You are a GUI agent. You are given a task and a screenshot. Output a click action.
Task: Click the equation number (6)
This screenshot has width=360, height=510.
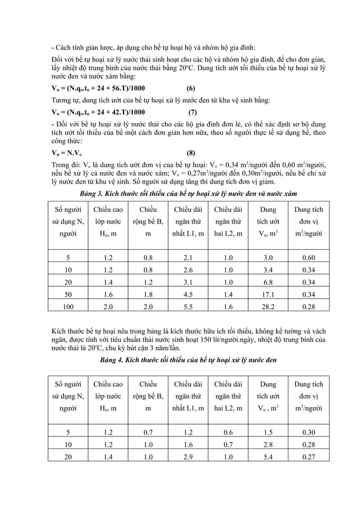191,88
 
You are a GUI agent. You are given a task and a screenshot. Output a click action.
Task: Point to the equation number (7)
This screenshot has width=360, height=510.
192,112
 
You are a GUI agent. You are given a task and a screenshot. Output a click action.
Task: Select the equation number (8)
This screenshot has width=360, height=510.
191,152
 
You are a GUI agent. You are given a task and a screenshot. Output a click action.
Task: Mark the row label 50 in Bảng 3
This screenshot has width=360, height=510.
68,294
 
